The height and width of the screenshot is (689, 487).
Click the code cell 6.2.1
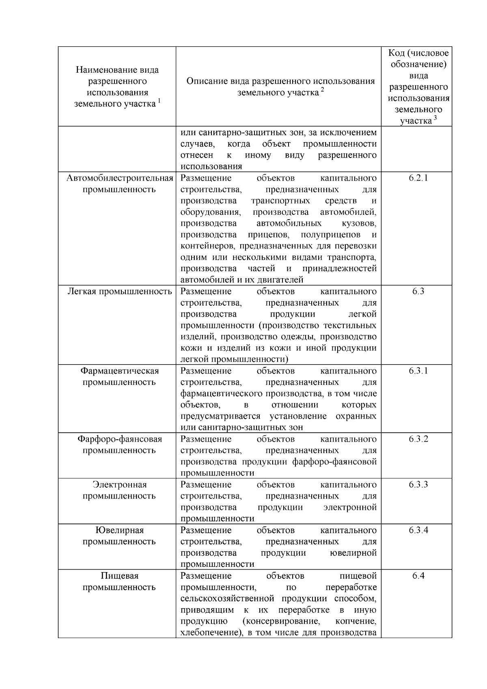point(418,178)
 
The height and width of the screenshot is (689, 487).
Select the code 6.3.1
point(418,371)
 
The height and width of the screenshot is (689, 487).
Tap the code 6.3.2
point(418,439)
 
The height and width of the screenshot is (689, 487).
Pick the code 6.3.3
point(418,484)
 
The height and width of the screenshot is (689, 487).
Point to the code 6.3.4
point(418,530)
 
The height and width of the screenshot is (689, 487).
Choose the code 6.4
point(418,575)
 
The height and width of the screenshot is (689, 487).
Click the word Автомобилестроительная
point(120,178)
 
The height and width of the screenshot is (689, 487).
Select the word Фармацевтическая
point(119,371)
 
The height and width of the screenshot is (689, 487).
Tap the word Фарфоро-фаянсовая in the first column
point(120,439)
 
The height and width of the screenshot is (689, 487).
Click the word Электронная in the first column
point(119,484)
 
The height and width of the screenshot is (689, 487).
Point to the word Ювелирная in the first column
point(119,530)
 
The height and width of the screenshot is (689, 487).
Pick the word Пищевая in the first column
point(119,575)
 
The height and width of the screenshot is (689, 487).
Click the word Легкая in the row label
point(81,291)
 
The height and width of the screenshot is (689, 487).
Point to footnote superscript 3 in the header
point(435,118)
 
